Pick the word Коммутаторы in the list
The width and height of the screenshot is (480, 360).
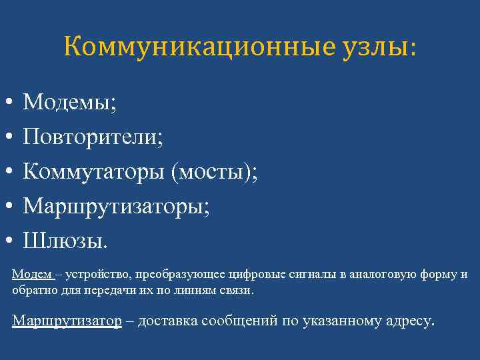click(94, 171)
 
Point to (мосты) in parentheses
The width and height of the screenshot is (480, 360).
click(213, 171)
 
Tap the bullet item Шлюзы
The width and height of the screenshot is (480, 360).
click(65, 239)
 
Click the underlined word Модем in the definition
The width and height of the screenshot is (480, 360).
click(27, 275)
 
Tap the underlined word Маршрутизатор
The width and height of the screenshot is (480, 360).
click(67, 321)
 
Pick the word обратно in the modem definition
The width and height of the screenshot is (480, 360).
click(31, 291)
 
